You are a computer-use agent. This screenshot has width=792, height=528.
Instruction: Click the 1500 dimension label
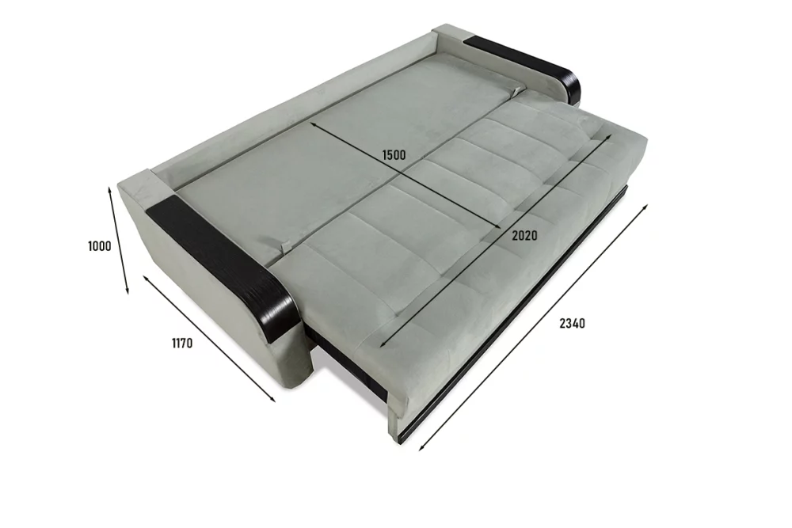[x=394, y=154]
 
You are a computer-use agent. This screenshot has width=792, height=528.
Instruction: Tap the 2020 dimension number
[x=524, y=235]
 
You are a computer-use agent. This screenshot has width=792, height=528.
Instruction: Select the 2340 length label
[x=572, y=323]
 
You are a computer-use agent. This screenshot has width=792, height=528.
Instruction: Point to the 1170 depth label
[x=182, y=344]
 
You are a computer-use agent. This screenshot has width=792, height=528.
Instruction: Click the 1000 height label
[x=100, y=246]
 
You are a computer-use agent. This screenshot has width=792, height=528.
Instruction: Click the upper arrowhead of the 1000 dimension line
[x=109, y=188]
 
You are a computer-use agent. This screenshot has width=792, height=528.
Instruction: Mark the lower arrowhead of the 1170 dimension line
[x=273, y=401]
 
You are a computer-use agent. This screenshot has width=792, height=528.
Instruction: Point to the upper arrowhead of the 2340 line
[x=645, y=206]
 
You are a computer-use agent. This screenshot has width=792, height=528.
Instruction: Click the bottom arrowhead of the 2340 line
[x=421, y=447]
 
